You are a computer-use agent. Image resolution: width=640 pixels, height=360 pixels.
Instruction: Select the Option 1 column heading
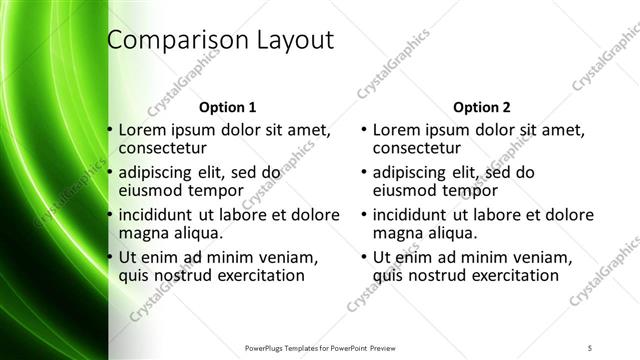[x=228, y=106]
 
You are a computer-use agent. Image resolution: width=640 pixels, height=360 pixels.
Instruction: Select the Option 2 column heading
[x=482, y=106]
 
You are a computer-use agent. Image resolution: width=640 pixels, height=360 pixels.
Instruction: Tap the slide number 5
[x=590, y=346]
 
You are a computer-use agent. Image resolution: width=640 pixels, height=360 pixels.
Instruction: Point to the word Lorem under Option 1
[x=142, y=129]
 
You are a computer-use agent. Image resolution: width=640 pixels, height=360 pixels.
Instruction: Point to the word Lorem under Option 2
[x=396, y=129]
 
